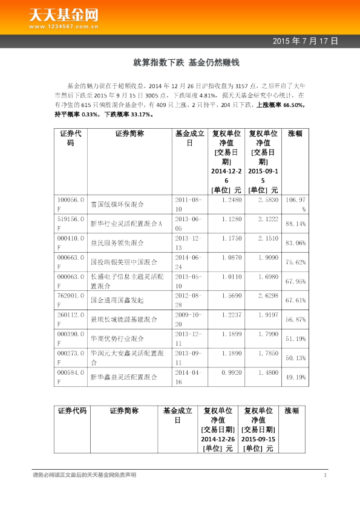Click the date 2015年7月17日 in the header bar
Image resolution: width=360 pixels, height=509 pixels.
point(304,41)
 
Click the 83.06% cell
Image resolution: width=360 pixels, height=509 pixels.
point(295,243)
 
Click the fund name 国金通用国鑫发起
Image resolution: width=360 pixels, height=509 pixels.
point(117,300)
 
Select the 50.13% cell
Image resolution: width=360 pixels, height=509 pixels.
point(295,357)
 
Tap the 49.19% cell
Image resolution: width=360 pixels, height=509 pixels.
point(295,377)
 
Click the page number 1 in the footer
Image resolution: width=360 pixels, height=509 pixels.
point(325,476)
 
